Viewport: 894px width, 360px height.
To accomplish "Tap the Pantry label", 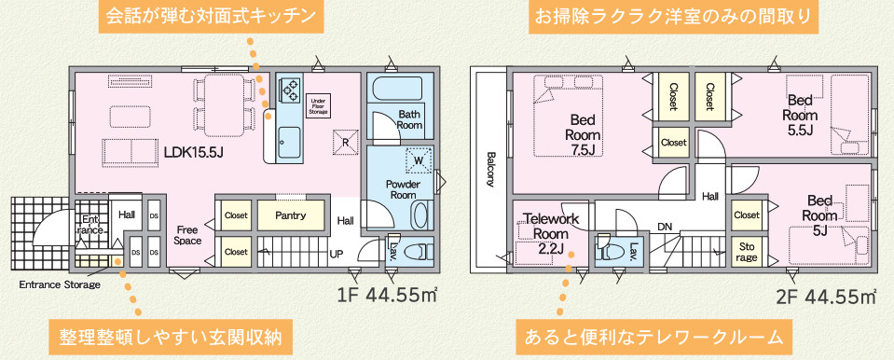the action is coord(291,215).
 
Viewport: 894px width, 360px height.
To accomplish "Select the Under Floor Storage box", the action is coord(318,106).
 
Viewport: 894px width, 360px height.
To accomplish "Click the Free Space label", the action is coord(187,236).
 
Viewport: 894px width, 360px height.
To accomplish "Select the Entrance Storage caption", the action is coord(61,284).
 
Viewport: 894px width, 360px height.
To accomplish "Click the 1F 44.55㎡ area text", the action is coord(387,296).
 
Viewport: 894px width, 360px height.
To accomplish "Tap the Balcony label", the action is coord(489,169).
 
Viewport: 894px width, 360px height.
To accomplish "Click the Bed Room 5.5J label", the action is coord(799,116).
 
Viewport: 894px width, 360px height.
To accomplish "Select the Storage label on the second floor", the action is coord(747,252).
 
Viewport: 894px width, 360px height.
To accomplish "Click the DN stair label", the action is coord(665,227).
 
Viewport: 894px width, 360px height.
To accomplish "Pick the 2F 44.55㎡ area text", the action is coord(826,297).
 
